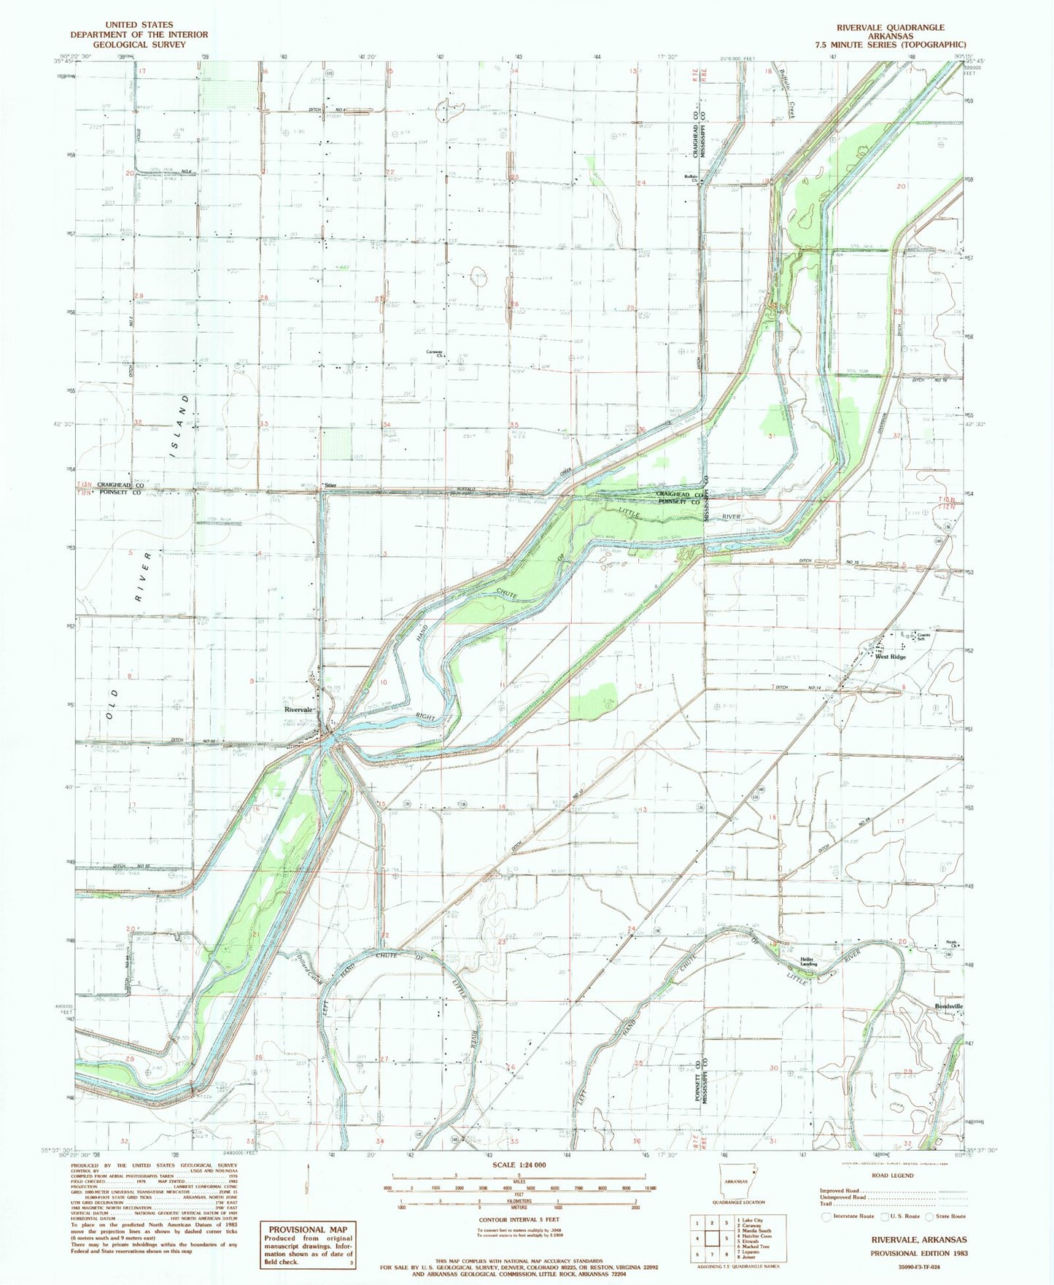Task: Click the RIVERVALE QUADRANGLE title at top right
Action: (x=890, y=28)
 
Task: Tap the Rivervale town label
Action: (x=300, y=709)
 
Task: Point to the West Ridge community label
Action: (x=891, y=657)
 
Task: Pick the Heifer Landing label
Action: (x=808, y=961)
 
